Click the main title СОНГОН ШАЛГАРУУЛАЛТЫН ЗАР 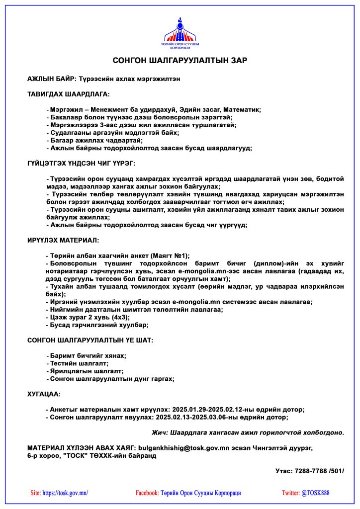pos(180,61)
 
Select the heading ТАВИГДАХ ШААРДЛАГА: pos(68,94)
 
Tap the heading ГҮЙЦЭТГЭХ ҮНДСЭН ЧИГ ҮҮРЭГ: pos(81,163)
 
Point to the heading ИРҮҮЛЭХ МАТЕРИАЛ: pos(63,240)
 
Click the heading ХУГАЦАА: pos(44,394)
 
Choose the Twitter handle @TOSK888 pos(315,493)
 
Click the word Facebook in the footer pos(147,493)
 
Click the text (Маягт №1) pos(168,255)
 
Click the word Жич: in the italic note pos(160,432)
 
